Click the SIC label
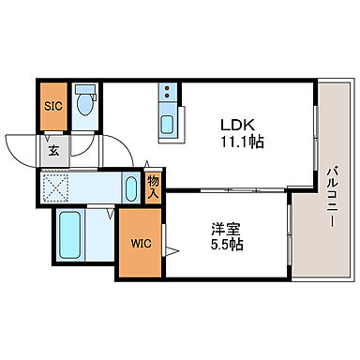tap(52, 106)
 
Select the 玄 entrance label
tap(54, 148)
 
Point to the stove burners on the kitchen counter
tap(168, 94)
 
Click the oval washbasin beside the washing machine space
tap(131, 187)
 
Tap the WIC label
tap(139, 244)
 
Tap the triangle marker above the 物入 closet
tap(154, 167)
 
